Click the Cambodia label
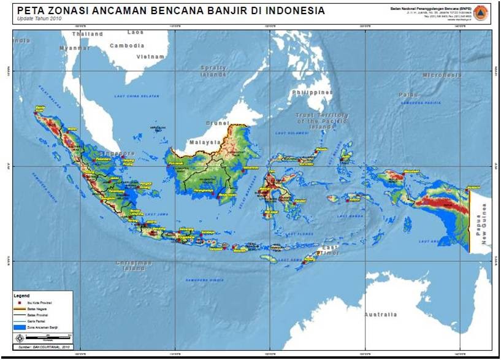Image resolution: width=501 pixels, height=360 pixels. coord(127,45)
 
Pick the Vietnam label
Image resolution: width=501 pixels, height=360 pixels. coord(151,56)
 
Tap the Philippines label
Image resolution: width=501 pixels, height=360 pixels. coord(312,93)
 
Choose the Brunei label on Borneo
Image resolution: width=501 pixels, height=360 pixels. coord(216,123)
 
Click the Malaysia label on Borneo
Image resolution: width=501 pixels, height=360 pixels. coord(205,142)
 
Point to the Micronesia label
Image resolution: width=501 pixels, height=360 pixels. coord(442,75)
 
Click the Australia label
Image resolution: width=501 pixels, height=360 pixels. coord(380,315)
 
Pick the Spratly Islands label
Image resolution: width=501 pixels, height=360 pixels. coord(213,71)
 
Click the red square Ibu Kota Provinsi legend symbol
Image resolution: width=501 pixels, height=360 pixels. coord(20,302)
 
